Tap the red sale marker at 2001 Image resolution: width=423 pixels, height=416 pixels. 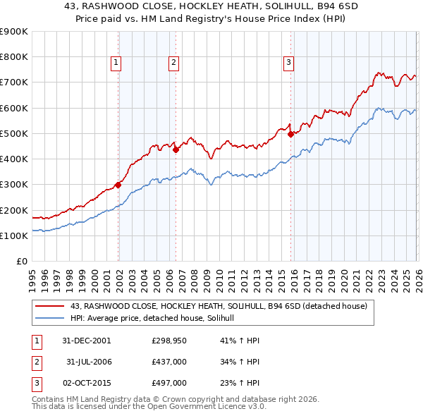pyautogui.click(x=118, y=185)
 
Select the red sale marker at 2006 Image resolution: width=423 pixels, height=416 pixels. pyautogui.click(x=176, y=149)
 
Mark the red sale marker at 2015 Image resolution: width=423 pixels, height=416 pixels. pyautogui.click(x=290, y=134)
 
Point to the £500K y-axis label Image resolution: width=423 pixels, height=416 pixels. pyautogui.click(x=14, y=133)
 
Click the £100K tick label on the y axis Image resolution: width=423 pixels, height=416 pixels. pyautogui.click(x=14, y=235)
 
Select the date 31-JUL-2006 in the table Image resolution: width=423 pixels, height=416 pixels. pyautogui.click(x=90, y=362)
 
